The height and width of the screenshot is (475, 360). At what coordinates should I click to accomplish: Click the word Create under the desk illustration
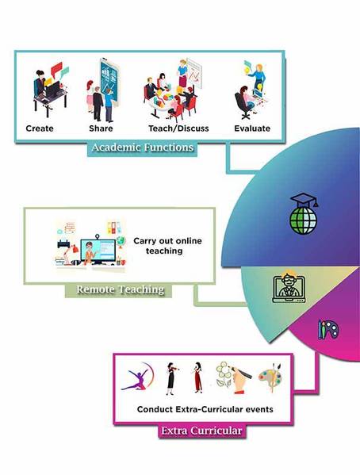40,128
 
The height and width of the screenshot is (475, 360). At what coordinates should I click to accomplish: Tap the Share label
101,128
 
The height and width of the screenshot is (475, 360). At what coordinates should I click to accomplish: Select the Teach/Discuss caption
178,128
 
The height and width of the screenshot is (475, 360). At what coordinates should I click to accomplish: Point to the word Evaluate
252,128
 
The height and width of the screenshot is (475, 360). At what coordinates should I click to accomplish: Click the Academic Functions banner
143,147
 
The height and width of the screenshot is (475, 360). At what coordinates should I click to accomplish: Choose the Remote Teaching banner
120,289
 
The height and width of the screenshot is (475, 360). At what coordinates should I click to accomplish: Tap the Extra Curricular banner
201,431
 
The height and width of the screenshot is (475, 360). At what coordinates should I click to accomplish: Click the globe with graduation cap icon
304,213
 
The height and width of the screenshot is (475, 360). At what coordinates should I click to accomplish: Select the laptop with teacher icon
289,287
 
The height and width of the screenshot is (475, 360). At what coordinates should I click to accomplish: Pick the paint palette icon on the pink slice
328,330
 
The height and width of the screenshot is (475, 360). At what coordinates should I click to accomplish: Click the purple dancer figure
137,377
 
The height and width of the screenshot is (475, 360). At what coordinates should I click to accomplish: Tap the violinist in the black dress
171,379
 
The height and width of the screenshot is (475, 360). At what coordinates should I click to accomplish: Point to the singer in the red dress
197,377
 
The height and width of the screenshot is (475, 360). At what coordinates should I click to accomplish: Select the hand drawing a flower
233,377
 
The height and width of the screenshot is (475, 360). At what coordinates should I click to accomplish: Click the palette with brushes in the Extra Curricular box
270,377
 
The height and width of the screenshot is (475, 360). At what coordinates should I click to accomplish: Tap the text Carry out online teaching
167,246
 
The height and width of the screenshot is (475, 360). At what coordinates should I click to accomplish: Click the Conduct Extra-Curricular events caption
205,409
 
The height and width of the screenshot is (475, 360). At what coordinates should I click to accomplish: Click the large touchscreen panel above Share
109,82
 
